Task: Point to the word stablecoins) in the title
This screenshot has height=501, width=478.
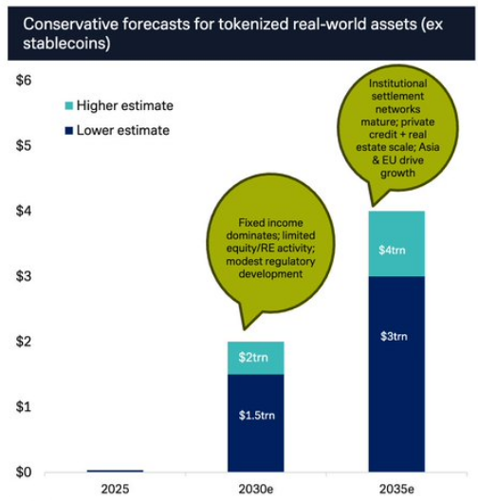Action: click(x=60, y=45)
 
